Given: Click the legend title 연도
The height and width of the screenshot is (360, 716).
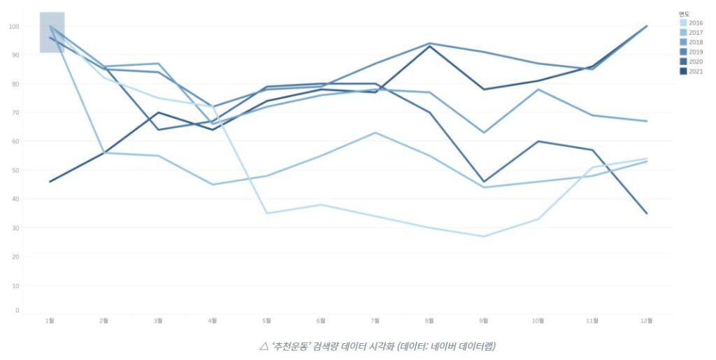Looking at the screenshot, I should (684, 13).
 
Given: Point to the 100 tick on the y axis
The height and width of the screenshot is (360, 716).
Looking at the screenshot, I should (14, 27).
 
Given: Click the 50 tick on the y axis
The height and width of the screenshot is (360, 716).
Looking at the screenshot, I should (15, 170).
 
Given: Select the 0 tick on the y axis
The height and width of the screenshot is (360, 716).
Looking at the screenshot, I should (17, 310).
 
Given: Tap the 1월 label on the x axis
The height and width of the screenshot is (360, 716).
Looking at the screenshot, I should (50, 321).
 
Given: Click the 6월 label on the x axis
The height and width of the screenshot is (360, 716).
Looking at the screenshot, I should (321, 321).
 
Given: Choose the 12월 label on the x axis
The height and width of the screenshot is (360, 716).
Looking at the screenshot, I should (647, 321).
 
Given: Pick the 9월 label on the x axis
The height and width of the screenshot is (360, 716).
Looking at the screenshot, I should (484, 321).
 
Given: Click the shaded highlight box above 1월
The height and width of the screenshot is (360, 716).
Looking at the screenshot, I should (52, 32).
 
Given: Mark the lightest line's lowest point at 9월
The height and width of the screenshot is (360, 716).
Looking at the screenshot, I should (484, 236).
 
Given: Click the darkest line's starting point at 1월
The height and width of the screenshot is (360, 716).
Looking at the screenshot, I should (50, 182).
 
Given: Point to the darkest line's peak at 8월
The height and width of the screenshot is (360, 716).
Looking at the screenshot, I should (430, 46).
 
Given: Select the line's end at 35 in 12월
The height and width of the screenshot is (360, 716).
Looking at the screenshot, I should (647, 213).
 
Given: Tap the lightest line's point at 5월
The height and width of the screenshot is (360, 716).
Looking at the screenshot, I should (267, 213).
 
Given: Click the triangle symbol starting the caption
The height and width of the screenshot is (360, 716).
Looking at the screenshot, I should (264, 346).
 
